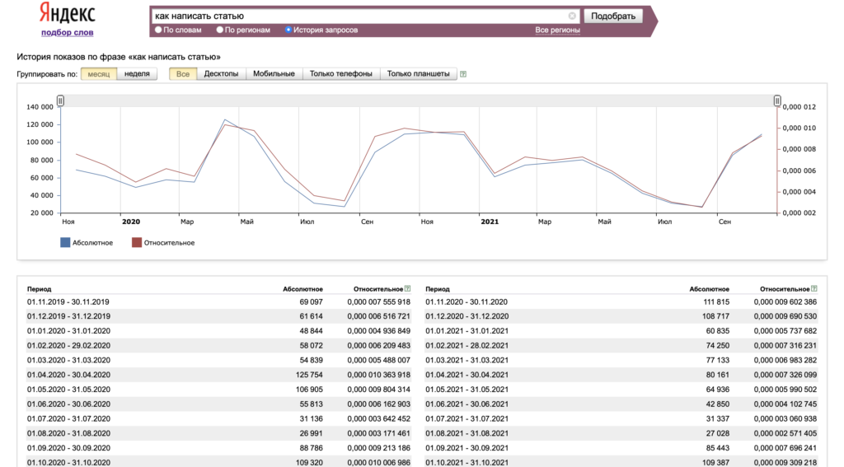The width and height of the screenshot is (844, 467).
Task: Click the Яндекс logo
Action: (68, 13)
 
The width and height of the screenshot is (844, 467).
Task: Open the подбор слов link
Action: (68, 32)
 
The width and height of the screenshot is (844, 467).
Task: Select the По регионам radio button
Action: (219, 30)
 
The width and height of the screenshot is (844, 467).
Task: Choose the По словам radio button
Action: (158, 30)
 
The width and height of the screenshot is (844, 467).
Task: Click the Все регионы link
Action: (558, 30)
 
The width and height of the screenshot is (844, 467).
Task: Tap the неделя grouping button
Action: (138, 73)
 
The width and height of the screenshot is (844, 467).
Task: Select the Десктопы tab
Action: (221, 73)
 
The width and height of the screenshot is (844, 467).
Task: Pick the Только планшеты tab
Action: (418, 73)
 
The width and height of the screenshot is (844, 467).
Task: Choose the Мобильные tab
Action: (274, 73)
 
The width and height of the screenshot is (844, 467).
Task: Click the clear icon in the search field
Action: (572, 16)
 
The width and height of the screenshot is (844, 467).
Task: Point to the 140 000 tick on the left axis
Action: (40, 107)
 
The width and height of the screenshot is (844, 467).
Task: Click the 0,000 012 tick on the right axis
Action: (799, 107)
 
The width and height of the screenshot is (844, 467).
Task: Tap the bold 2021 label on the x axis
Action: (490, 222)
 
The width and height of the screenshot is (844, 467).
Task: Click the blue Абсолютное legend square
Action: (65, 243)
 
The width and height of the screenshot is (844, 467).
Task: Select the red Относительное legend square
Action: (137, 243)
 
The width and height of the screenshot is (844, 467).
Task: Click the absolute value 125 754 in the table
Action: (310, 375)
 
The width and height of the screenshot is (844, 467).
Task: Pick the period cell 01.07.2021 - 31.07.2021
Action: (467, 418)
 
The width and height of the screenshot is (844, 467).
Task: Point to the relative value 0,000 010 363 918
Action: (378, 375)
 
